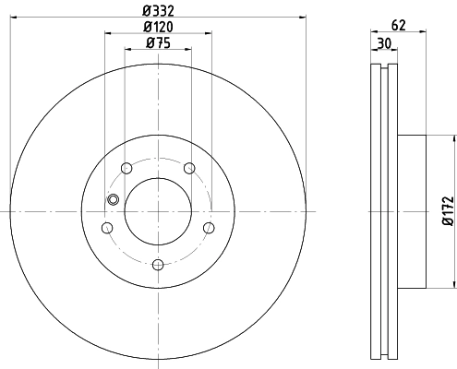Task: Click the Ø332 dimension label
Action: (x=158, y=10)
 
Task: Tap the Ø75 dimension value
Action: (x=158, y=42)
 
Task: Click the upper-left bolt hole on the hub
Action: (x=126, y=168)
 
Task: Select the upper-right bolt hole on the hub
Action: (x=189, y=168)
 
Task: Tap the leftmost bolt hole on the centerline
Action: (x=107, y=228)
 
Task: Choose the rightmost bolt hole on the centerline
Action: (x=209, y=228)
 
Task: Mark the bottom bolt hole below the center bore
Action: (x=158, y=265)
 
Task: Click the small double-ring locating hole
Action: (x=114, y=200)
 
